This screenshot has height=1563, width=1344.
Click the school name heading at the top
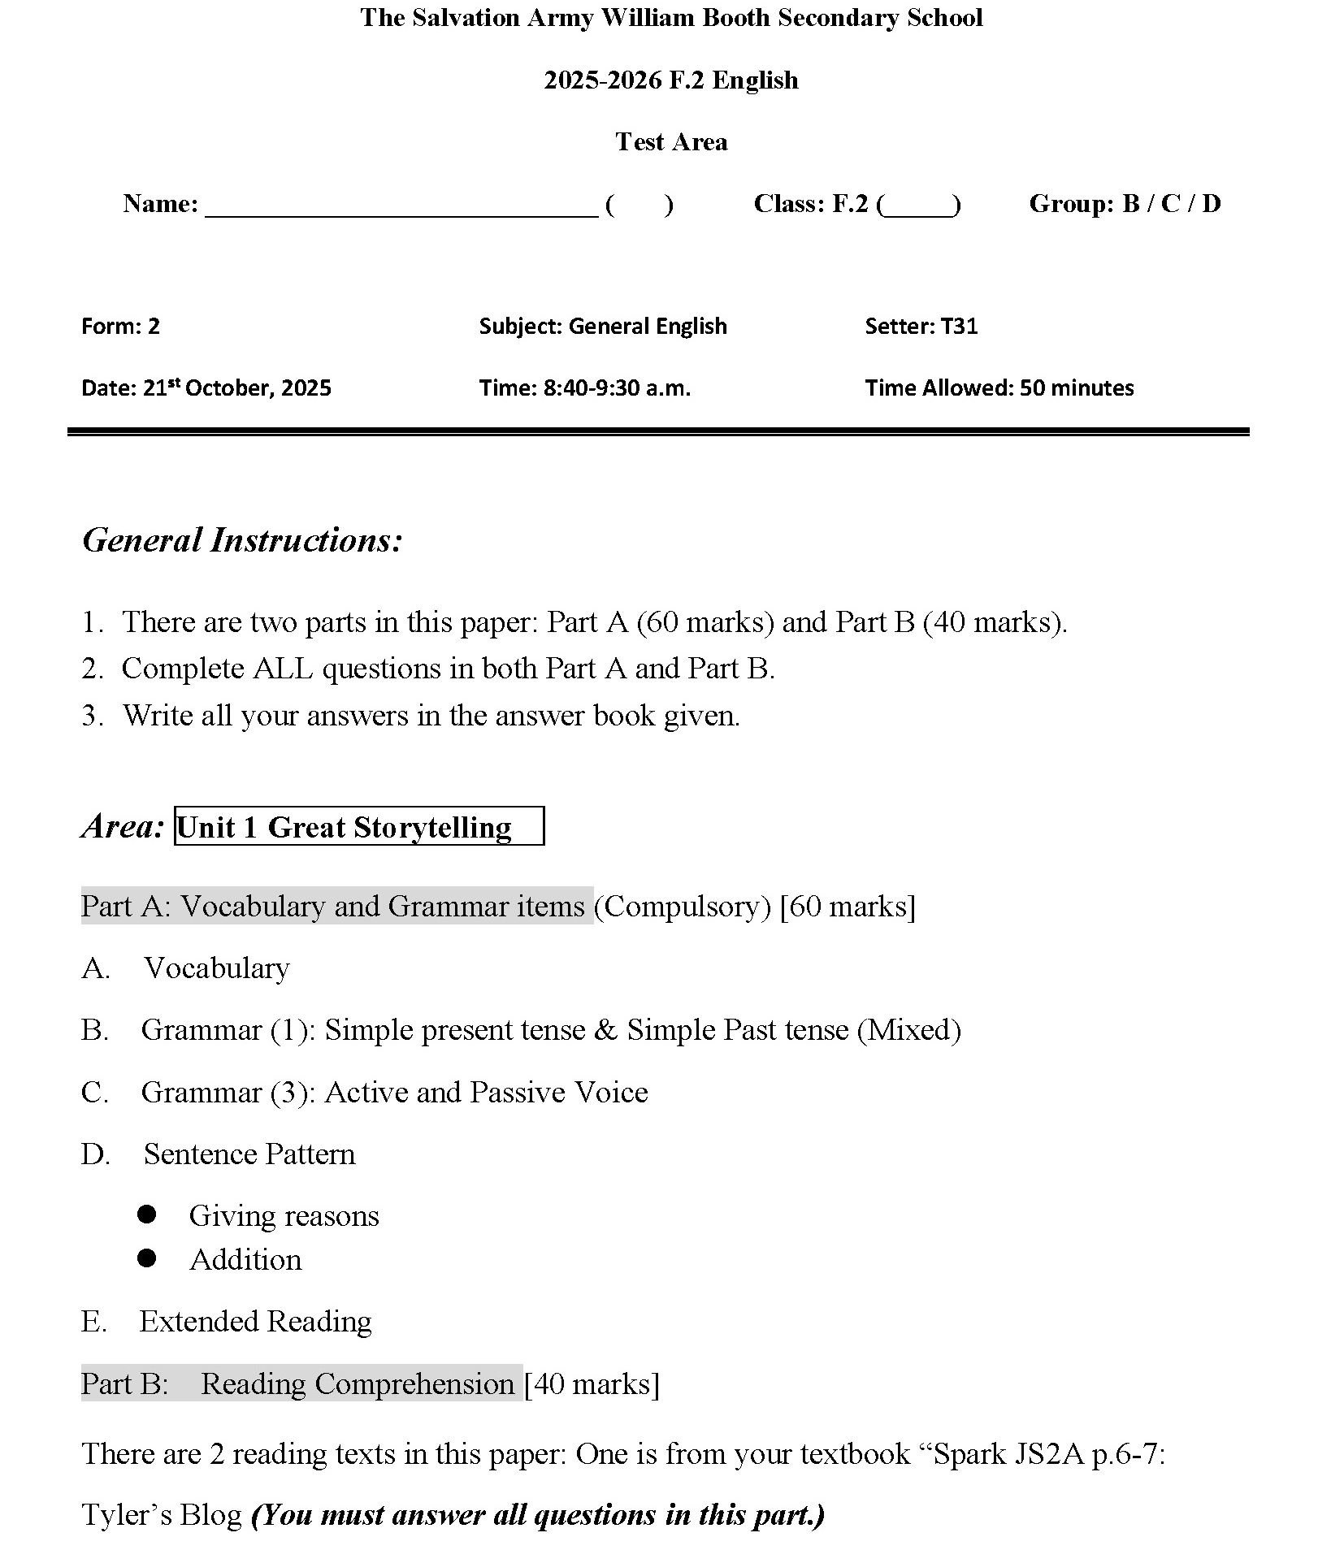671,18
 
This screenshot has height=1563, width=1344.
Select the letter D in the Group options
1210,203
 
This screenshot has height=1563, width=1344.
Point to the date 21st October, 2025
236,388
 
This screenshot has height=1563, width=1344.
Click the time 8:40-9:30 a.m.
617,388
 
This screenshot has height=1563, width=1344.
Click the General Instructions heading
242,540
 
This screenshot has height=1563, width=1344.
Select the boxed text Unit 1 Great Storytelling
358,827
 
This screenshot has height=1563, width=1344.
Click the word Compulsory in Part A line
683,906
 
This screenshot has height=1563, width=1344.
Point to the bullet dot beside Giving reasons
147,1214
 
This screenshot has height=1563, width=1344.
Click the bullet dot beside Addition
147,1258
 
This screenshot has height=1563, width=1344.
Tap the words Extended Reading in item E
255,1321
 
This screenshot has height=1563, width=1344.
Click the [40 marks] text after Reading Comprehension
592,1383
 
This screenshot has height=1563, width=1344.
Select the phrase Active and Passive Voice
486,1092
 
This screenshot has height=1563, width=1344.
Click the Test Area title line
671,141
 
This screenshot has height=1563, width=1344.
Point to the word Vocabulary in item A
216,968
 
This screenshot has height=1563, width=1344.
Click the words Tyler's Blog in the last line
162,1515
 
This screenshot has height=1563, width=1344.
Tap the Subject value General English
647,326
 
